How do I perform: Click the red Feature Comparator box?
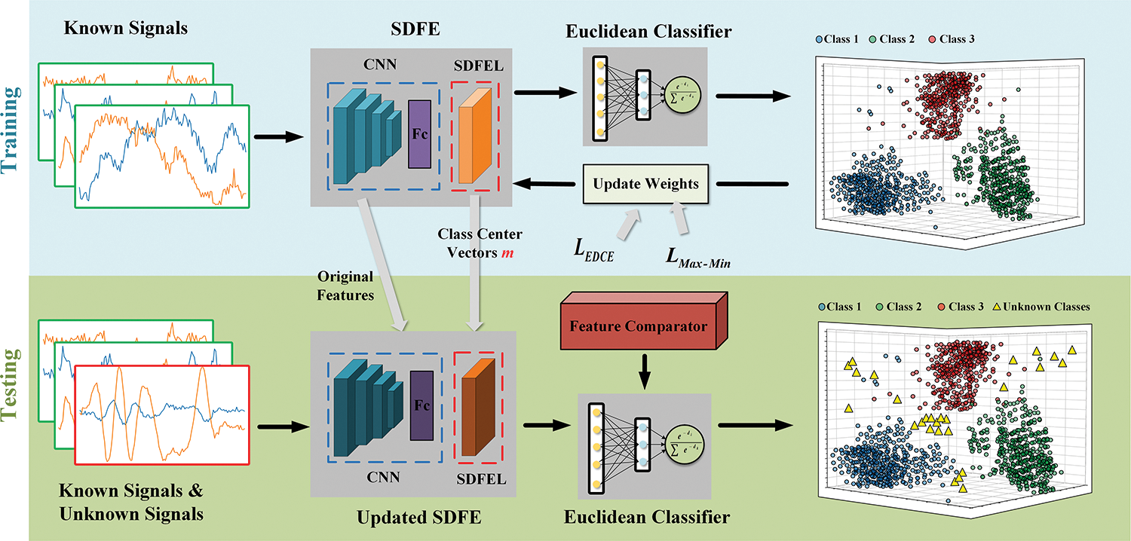point(638,327)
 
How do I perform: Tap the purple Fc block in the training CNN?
point(418,134)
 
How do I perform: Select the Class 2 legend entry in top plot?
point(894,38)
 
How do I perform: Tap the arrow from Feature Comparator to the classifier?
point(643,368)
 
